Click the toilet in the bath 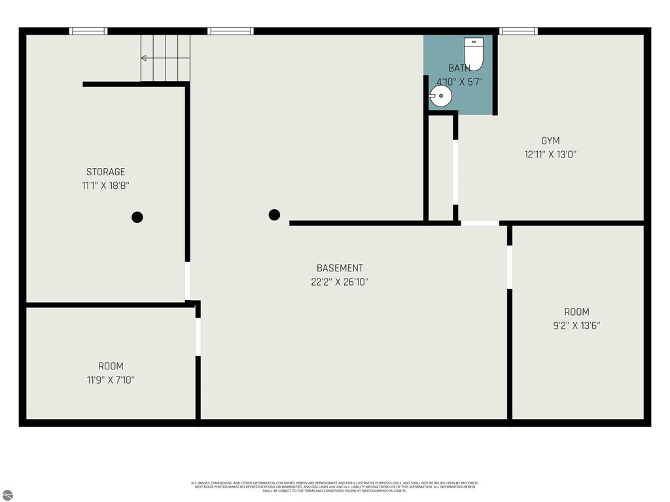click(x=474, y=54)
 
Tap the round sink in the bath click(x=441, y=97)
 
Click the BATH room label click(x=459, y=68)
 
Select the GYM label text click(x=550, y=141)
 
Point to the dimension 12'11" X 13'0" click(x=550, y=155)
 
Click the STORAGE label click(x=105, y=172)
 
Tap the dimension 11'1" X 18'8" click(x=105, y=186)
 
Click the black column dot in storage click(x=137, y=217)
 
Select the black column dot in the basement click(x=274, y=214)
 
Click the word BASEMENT click(x=340, y=268)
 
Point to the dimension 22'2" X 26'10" click(x=340, y=282)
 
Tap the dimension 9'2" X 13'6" click(x=576, y=326)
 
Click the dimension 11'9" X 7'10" click(x=111, y=380)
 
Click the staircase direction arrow click(x=144, y=58)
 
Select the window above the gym click(x=518, y=31)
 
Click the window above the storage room click(x=88, y=31)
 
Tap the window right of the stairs click(x=230, y=31)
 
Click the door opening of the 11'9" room click(x=198, y=337)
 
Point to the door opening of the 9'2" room click(x=510, y=267)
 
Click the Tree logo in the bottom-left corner click(x=7, y=495)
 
